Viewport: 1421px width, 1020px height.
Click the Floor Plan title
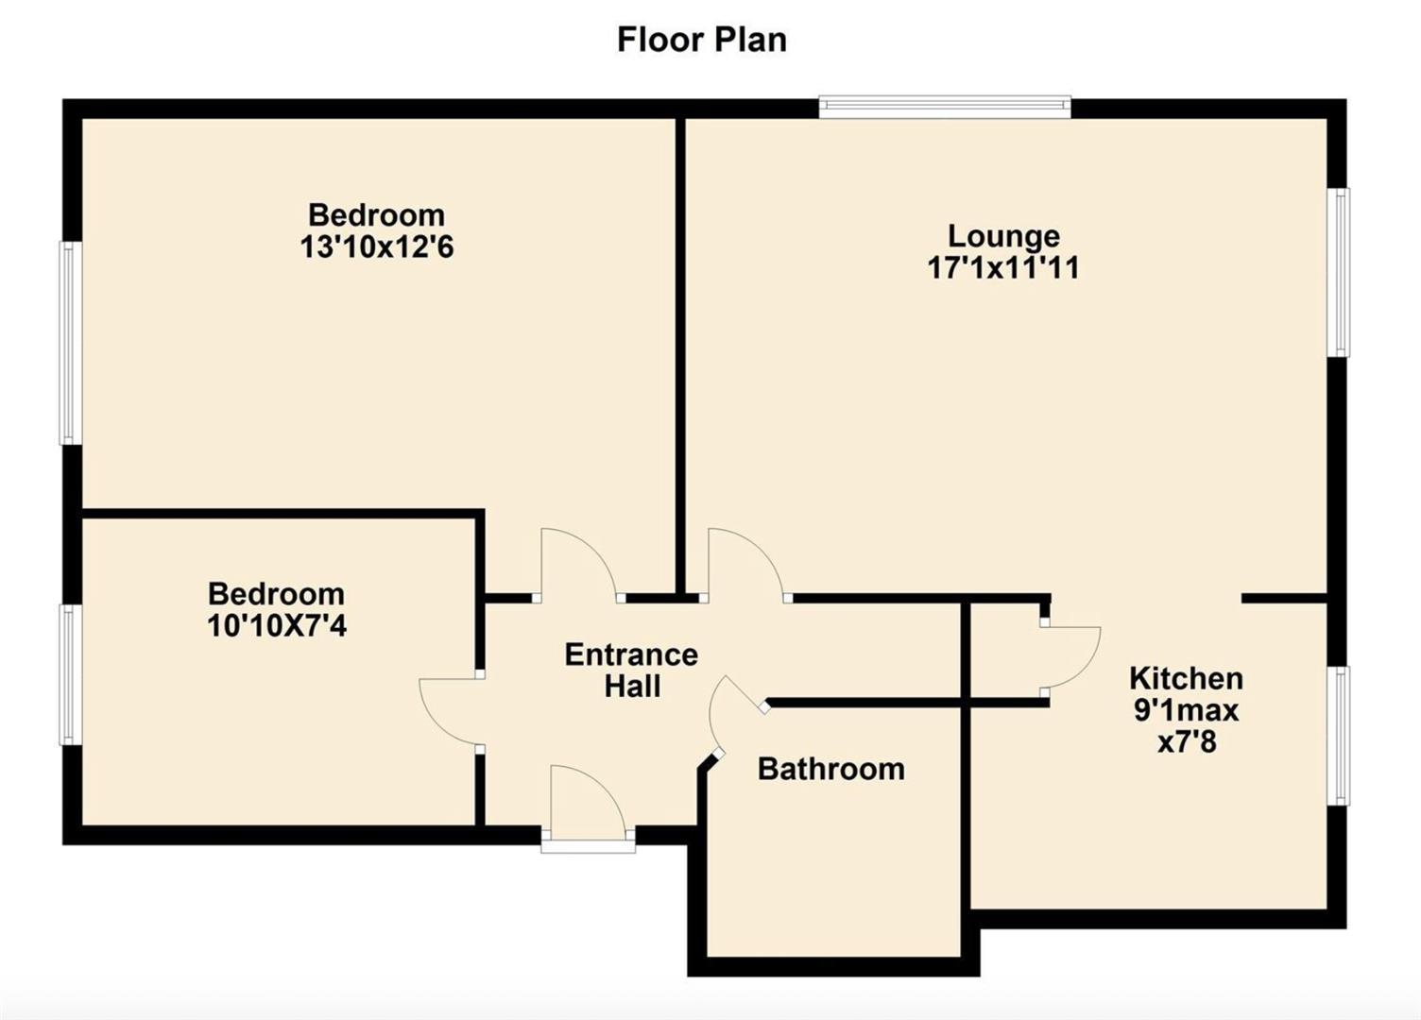(702, 40)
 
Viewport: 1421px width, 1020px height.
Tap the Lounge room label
(1003, 236)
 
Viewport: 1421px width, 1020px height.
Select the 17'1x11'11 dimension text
(1003, 268)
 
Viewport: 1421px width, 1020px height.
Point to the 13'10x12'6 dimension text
(377, 247)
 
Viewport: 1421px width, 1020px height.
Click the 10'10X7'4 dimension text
(277, 626)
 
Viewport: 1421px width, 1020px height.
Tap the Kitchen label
(1187, 678)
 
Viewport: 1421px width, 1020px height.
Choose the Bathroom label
(831, 769)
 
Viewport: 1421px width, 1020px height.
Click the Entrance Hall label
(631, 670)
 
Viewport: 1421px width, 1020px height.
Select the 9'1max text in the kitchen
(1187, 710)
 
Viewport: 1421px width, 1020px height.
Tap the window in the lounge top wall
(945, 107)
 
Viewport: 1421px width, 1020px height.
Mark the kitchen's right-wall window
(1340, 736)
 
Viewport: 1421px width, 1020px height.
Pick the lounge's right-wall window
(1340, 273)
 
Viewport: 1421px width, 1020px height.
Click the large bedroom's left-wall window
(70, 342)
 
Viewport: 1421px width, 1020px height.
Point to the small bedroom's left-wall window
(70, 674)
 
